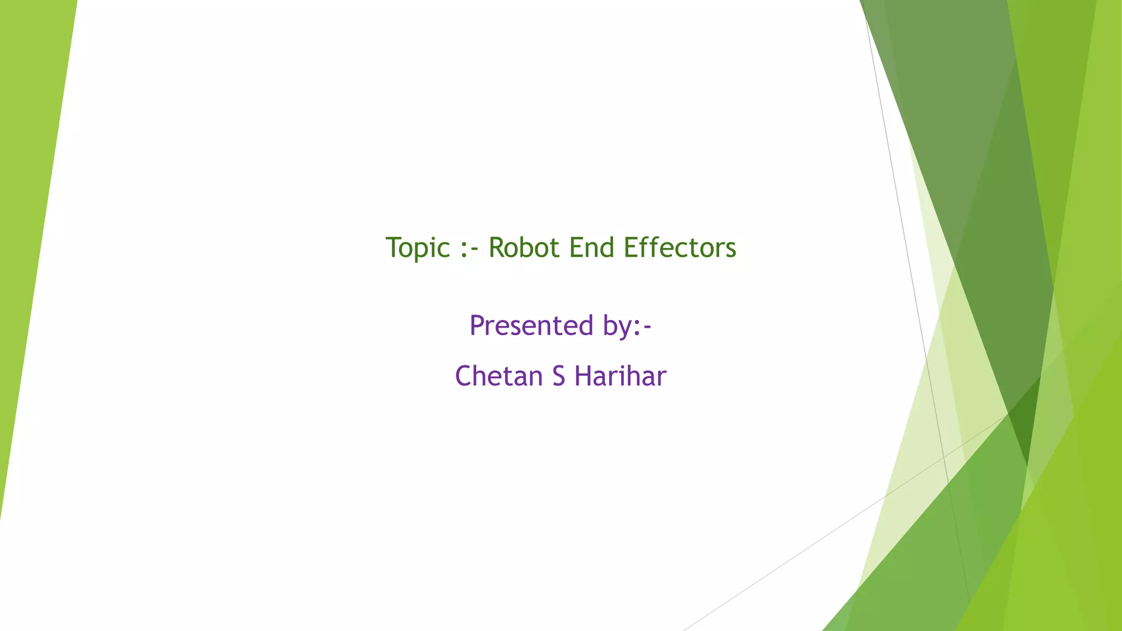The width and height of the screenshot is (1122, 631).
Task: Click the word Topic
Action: point(417,248)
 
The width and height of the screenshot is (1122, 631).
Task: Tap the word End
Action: point(592,248)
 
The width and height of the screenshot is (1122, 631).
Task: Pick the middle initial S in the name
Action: point(558,376)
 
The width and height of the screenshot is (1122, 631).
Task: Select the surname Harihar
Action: point(620,376)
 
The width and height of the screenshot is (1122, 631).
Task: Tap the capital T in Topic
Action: point(393,248)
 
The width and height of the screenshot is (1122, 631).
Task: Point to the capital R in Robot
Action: point(496,248)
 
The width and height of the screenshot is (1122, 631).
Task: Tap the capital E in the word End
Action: point(576,248)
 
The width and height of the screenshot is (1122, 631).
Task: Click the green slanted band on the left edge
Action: point(33,219)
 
